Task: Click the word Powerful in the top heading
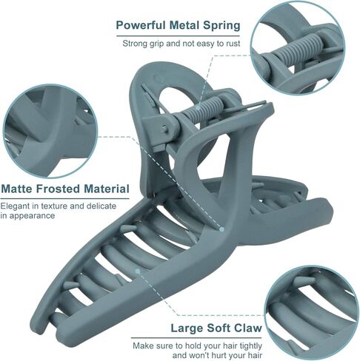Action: (141, 25)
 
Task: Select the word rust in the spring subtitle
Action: (233, 44)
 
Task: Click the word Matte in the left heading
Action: (17, 189)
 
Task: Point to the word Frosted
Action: (58, 189)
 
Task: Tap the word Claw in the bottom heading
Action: (247, 328)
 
